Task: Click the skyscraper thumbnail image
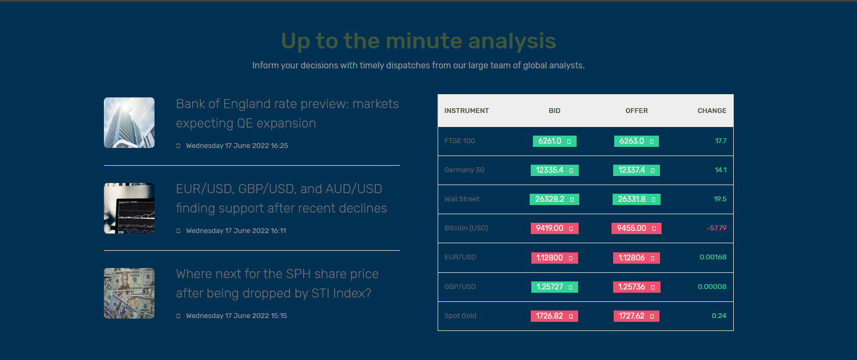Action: [129, 123]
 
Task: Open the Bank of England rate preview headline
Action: [287, 114]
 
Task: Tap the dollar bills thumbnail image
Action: [129, 293]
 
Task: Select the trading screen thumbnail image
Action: [129, 208]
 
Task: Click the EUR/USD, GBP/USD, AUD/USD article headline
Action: [281, 199]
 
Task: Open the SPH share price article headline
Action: [277, 284]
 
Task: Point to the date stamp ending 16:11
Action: [236, 231]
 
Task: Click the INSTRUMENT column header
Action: [466, 110]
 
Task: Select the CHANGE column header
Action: [712, 110]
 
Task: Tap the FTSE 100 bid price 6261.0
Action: [554, 141]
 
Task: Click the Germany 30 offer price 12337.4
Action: [636, 170]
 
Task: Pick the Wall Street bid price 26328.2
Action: [554, 199]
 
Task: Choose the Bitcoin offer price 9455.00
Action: [636, 228]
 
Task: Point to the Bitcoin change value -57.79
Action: [716, 228]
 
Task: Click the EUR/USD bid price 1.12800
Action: [554, 258]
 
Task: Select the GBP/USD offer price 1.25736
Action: [636, 287]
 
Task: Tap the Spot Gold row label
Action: [460, 316]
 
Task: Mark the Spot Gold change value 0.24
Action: [719, 316]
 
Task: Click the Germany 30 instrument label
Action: [464, 170]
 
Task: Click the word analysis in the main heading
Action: [512, 41]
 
